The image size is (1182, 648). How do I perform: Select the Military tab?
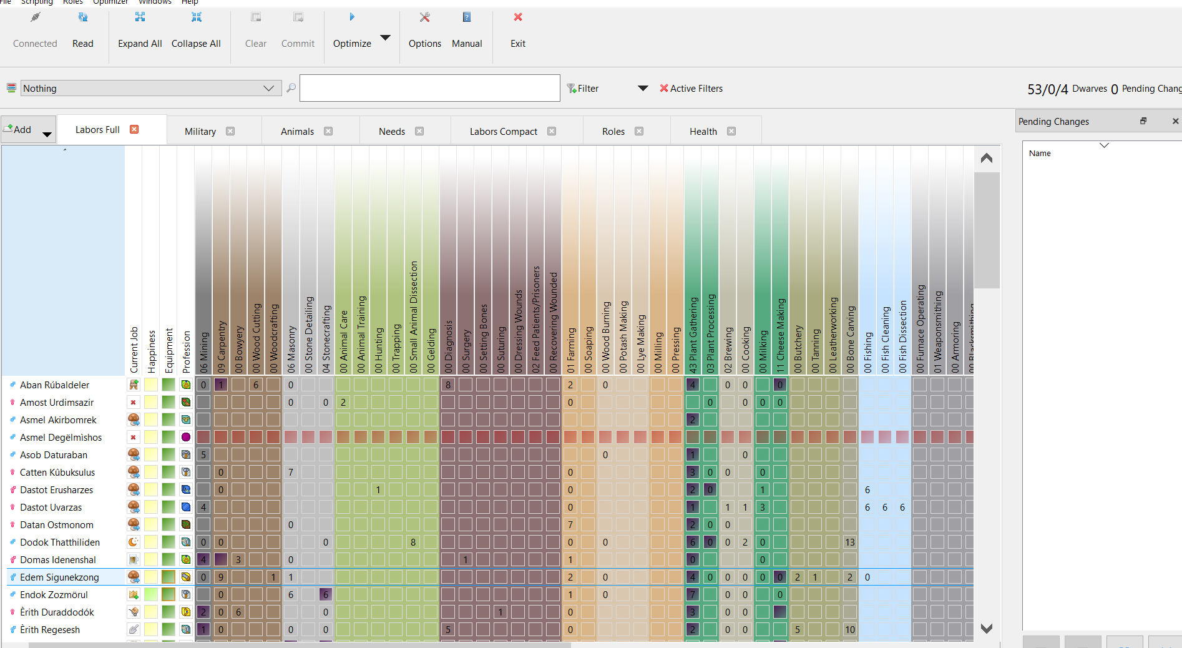tap(200, 131)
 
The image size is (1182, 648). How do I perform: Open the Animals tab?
tap(297, 131)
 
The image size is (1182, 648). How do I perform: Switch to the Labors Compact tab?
tap(503, 131)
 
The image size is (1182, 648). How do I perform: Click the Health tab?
tap(703, 131)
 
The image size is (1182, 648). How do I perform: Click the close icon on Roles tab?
tap(639, 131)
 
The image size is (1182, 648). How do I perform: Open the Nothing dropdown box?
tap(149, 88)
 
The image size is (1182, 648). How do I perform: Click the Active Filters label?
tap(696, 89)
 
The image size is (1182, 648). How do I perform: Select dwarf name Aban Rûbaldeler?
tap(54, 385)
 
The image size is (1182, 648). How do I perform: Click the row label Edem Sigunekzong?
tap(59, 577)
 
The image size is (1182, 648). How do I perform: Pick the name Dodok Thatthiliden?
tap(59, 542)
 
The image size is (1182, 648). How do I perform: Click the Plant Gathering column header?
tap(692, 335)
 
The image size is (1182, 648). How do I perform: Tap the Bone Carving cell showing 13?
tap(849, 542)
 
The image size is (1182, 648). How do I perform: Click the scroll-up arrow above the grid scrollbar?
tap(986, 158)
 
